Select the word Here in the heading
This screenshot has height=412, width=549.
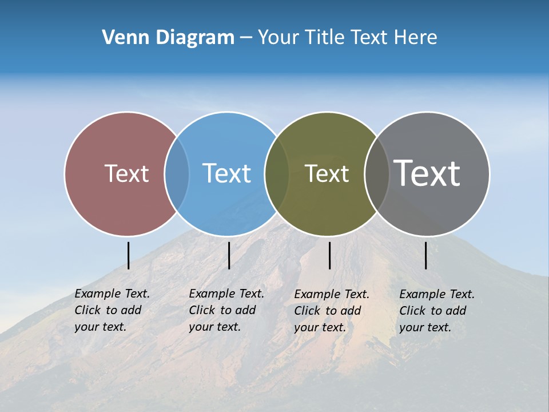[416, 38]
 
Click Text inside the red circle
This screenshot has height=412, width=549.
[126, 173]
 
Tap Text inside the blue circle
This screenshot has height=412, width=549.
[226, 173]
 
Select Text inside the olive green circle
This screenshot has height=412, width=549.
[327, 173]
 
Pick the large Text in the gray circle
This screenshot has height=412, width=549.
[427, 173]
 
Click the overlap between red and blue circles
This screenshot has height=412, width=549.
[177, 173]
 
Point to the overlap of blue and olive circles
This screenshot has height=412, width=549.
[277, 173]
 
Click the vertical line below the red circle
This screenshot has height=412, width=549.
[128, 255]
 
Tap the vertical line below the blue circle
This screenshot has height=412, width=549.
[229, 255]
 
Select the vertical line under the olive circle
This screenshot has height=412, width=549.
[329, 255]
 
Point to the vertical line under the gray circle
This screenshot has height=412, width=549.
[425, 255]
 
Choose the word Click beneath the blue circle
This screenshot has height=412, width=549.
[202, 310]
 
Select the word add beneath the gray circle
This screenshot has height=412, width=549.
[456, 311]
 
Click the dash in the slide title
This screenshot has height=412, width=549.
[246, 38]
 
